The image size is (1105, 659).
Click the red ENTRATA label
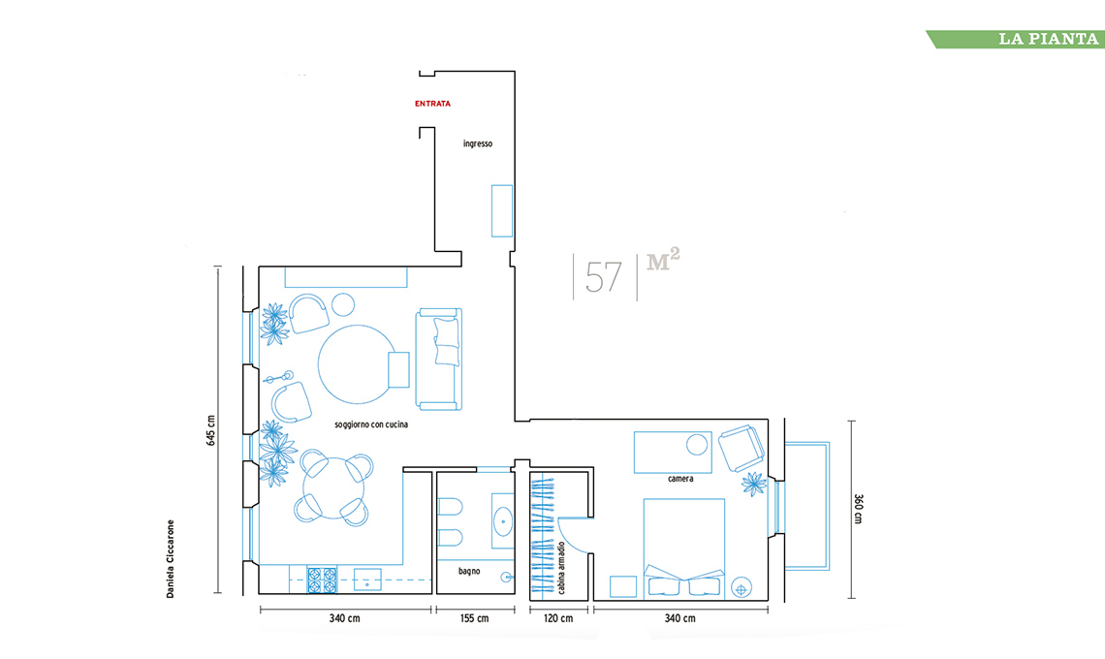point(432,104)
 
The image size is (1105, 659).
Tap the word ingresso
point(478,143)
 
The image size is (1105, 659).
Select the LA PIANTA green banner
point(1016,39)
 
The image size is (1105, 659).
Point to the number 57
point(603,277)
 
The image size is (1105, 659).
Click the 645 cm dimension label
point(210,430)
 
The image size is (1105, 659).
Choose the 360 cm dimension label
point(859,508)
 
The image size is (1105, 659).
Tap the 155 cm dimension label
point(474,619)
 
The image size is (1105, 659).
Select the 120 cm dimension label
point(558,619)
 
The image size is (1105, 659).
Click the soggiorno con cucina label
point(371,425)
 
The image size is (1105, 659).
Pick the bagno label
point(469,571)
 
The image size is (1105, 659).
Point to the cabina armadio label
point(561,567)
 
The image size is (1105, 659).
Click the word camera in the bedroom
point(680,479)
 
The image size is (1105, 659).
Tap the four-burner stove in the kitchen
point(323,581)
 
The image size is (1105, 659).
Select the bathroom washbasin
point(503,520)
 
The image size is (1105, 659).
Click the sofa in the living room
point(438,359)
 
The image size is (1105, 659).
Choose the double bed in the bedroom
point(683,549)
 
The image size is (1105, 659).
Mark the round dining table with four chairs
point(335,487)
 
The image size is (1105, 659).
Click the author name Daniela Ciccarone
point(170,559)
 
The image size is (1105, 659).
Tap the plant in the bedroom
point(754,484)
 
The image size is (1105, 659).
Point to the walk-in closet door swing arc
point(569,537)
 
